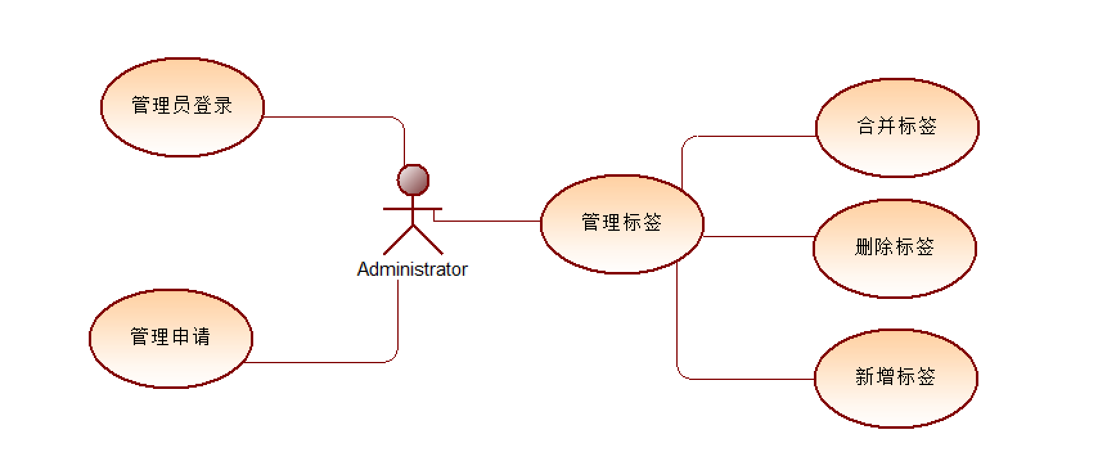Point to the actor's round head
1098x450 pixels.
413,180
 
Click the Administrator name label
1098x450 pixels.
412,269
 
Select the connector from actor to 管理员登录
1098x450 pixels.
334,117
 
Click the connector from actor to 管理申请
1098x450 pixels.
321,363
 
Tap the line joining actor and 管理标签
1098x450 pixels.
489,221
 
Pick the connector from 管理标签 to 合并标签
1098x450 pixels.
746,136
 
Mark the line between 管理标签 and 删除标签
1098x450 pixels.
759,237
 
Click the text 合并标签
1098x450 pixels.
897,126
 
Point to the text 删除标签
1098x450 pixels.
894,247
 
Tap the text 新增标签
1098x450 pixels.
896,377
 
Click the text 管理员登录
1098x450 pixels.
182,105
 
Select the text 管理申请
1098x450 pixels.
170,337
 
